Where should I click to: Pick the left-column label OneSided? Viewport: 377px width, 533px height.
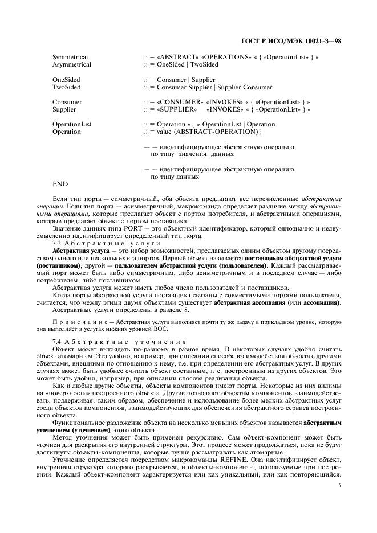[x=66, y=80]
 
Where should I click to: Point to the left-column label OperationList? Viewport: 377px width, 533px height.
[x=71, y=124]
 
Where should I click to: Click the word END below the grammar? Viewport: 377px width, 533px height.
[x=60, y=184]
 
